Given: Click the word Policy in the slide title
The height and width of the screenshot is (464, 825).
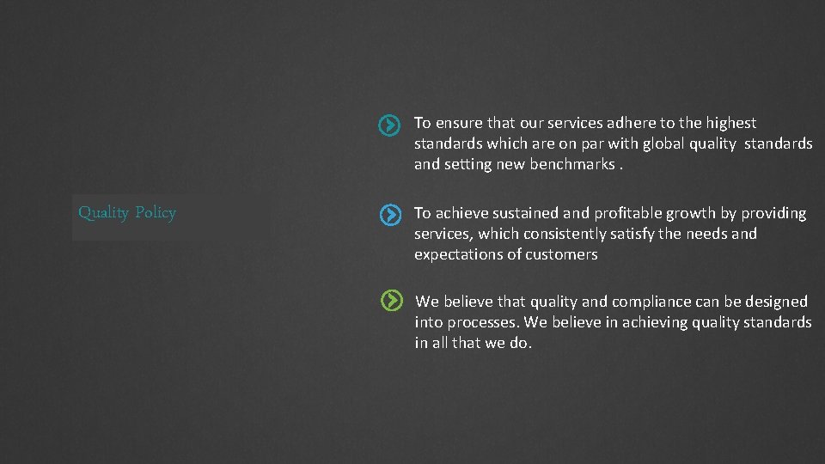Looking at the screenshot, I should pyautogui.click(x=156, y=213).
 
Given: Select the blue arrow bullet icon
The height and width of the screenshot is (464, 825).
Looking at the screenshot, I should pyautogui.click(x=390, y=215).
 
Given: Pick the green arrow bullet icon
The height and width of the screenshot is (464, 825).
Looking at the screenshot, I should pyautogui.click(x=391, y=300).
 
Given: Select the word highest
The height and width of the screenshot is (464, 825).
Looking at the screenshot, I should pyautogui.click(x=729, y=123).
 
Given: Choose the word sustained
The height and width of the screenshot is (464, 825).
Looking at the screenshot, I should pyautogui.click(x=526, y=213).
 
